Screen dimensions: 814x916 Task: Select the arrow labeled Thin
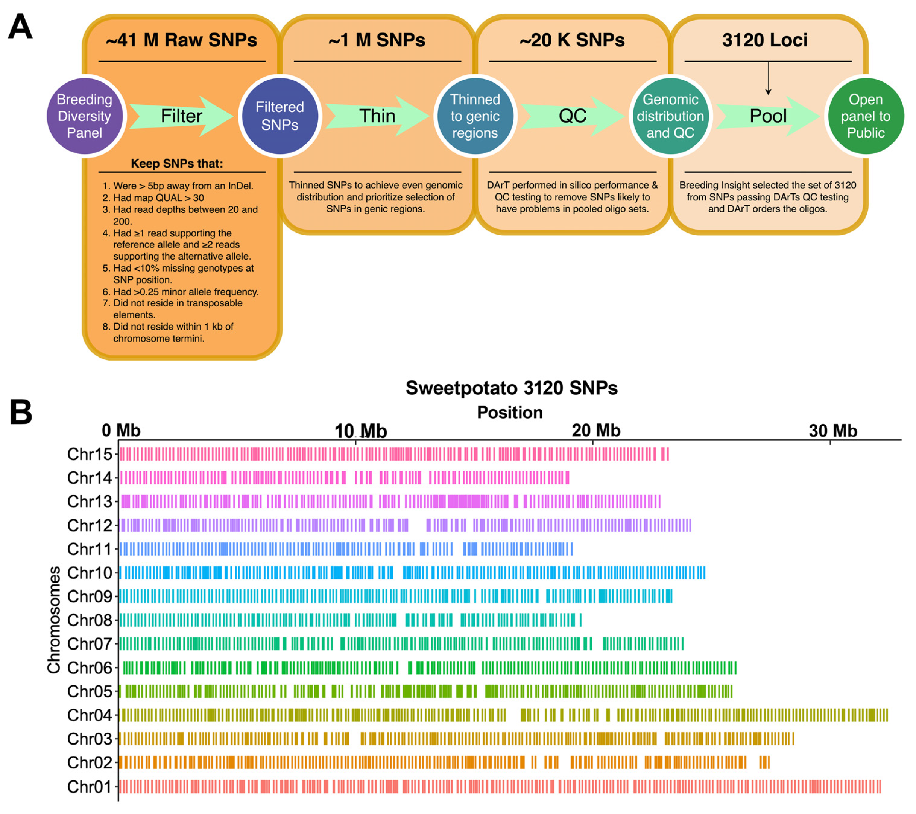[377, 116]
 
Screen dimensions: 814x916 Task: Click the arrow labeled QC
[572, 116]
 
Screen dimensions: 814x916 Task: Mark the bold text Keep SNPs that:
[177, 163]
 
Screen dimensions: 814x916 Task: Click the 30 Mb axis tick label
[833, 431]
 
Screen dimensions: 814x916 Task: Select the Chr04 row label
[89, 715]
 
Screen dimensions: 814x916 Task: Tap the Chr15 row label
[89, 454]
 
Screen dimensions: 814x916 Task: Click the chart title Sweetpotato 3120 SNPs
[511, 388]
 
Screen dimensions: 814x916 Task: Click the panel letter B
[21, 412]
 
